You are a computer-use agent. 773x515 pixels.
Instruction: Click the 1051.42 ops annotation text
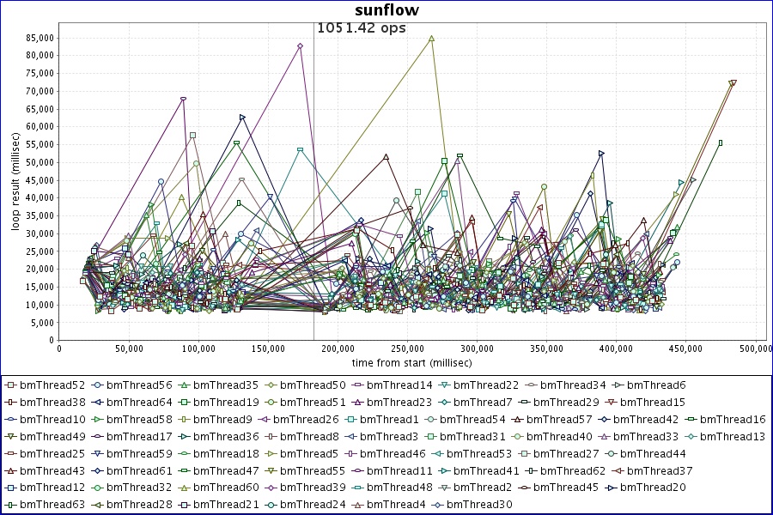pos(361,27)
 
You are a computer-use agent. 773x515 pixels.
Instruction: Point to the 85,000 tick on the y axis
pos(37,38)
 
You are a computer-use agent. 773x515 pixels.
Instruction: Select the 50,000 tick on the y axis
pos(37,162)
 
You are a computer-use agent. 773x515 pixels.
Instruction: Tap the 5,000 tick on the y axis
pos(40,323)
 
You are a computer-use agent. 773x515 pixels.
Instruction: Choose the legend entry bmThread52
pos(49,385)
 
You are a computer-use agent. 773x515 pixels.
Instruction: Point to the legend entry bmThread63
pos(49,505)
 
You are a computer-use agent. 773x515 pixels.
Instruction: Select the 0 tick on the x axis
pos(59,349)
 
